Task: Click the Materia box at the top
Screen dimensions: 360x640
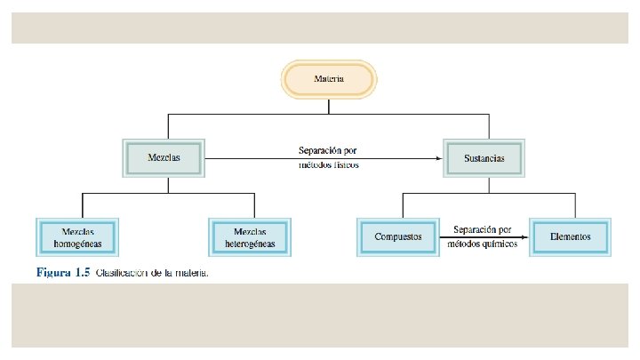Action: [x=329, y=79]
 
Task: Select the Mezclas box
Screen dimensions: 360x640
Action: [x=165, y=158]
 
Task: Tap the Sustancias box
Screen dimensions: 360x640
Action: [x=484, y=158]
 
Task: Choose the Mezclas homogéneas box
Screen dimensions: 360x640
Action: [x=78, y=236]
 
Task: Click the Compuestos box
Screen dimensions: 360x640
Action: [x=398, y=237]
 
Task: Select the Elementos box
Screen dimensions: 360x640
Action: [x=569, y=237]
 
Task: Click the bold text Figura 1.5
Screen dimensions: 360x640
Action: [x=64, y=273]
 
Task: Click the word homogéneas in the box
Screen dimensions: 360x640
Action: [x=78, y=243]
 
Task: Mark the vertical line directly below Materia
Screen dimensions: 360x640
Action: [x=329, y=107]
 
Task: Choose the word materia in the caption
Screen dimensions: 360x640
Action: [x=194, y=273]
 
